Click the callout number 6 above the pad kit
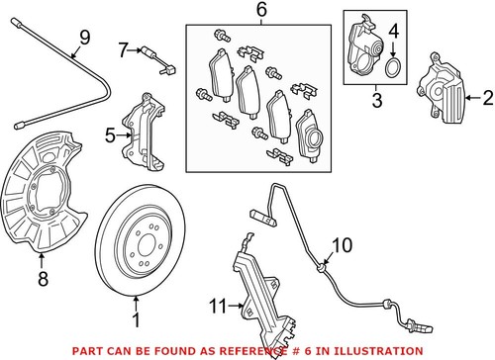pos(261,11)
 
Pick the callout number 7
pos(124,47)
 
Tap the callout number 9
pos(83,38)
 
